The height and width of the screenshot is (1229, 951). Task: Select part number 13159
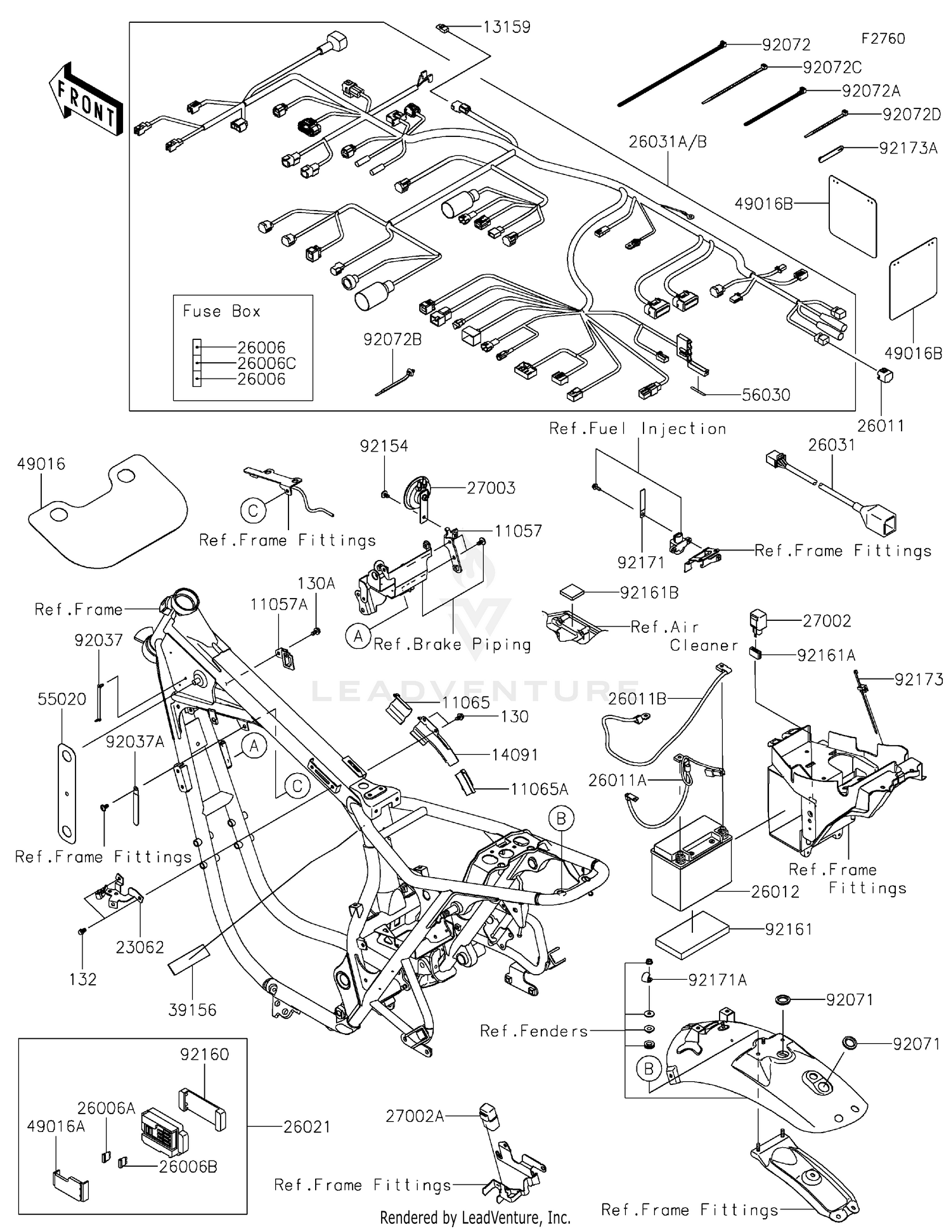(506, 27)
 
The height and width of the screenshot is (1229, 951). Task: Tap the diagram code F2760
(883, 39)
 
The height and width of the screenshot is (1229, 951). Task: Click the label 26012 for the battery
(775, 892)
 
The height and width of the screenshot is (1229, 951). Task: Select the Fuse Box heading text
(221, 311)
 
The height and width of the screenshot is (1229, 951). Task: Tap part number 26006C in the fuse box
(266, 363)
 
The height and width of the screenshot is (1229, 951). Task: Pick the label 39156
(192, 1010)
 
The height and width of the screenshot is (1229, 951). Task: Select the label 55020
(61, 699)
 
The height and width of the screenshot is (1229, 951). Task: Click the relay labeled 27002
(758, 620)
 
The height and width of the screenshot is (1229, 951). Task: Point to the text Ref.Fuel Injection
(637, 429)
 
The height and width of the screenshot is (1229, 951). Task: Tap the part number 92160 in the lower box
(204, 1054)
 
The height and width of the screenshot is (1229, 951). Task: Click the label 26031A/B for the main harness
(667, 142)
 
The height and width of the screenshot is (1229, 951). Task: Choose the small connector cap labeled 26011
(884, 375)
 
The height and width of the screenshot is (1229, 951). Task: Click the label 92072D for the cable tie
(911, 115)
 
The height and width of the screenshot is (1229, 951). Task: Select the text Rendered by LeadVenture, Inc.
(475, 1217)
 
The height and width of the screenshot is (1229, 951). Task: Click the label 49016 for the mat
(41, 464)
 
